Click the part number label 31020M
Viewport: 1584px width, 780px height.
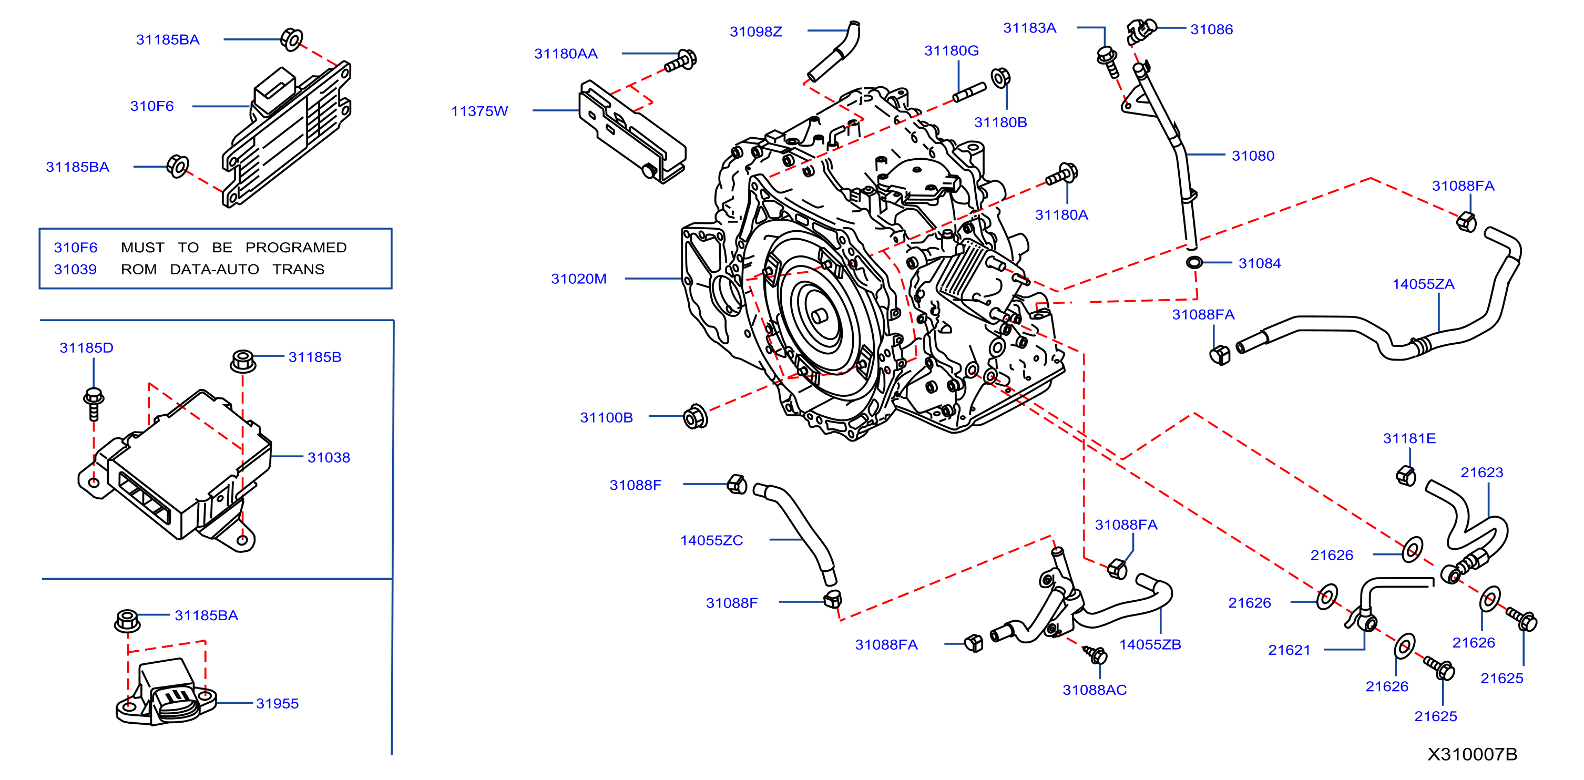click(579, 279)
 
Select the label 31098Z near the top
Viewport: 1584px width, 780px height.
click(755, 32)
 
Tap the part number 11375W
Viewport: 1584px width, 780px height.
click(479, 111)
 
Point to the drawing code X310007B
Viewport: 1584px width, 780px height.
click(1472, 754)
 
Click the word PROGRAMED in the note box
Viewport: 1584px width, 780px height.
click(296, 247)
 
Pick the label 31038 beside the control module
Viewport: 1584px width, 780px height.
click(329, 457)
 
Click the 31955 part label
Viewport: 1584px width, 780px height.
click(278, 703)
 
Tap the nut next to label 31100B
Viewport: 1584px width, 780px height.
click(696, 417)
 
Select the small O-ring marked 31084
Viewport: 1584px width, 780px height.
click(1193, 262)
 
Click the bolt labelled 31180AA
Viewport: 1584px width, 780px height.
click(681, 61)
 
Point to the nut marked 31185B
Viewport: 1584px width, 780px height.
click(243, 360)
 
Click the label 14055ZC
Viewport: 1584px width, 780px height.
click(711, 540)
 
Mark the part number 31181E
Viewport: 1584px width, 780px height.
click(1409, 438)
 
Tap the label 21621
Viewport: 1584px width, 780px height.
click(1289, 650)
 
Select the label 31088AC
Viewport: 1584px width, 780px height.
click(1095, 690)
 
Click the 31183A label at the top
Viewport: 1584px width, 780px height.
click(1029, 28)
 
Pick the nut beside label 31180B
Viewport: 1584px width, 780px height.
click(1000, 79)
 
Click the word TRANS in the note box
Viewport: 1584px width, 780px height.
click(298, 269)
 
